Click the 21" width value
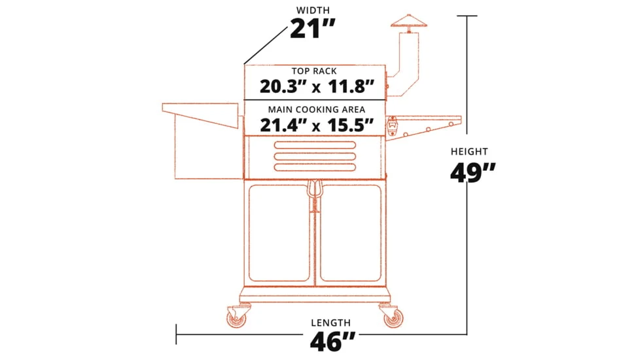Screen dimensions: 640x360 tap(313, 29)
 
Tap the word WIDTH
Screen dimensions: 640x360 tap(313, 10)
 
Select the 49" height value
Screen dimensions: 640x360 tap(472, 173)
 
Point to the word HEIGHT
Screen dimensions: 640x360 tap(469, 151)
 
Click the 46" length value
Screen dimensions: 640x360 tap(332, 341)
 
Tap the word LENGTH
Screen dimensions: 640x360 tap(330, 323)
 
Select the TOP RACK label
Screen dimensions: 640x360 tap(314, 71)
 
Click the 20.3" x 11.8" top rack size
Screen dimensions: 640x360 tap(317, 86)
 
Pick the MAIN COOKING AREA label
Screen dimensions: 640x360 tap(316, 109)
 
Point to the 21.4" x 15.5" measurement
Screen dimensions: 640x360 tap(317, 125)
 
